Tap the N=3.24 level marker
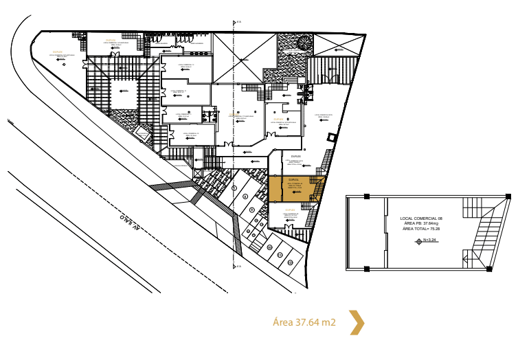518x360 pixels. point(427,240)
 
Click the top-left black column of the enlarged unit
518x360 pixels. point(366,196)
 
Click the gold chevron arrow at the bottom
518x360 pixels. point(356,322)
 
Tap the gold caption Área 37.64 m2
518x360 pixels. point(304,322)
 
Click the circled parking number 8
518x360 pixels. point(252,210)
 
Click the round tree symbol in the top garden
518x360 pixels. point(302,45)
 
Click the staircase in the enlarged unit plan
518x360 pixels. point(484,234)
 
